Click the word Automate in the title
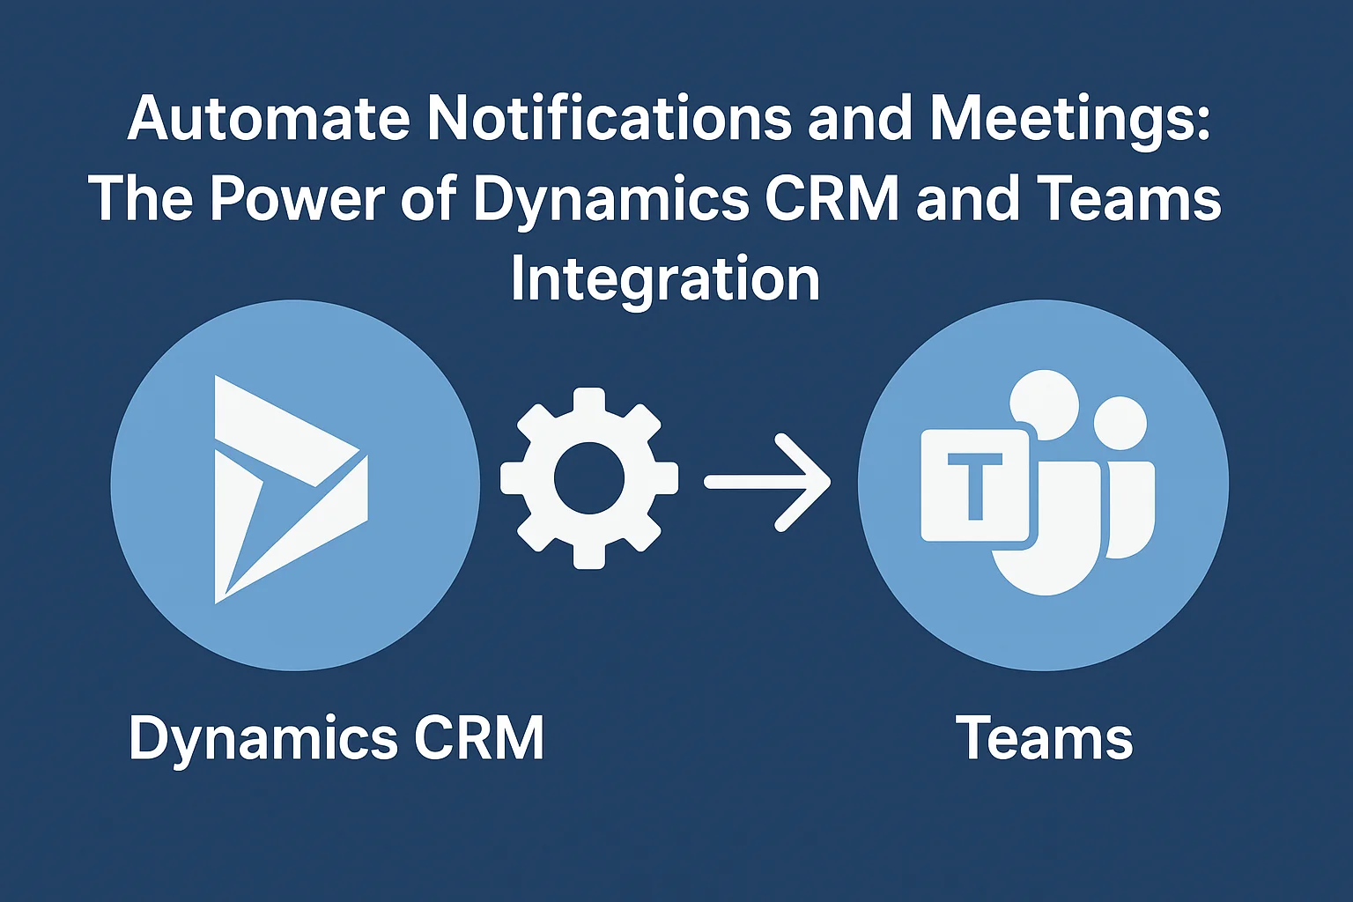click(269, 118)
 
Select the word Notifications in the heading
click(609, 118)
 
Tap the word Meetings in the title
click(1069, 121)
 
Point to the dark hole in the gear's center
click(589, 478)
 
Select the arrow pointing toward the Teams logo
click(767, 482)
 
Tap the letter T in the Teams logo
click(975, 485)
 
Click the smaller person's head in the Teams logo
click(1120, 423)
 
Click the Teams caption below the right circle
click(1046, 737)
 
